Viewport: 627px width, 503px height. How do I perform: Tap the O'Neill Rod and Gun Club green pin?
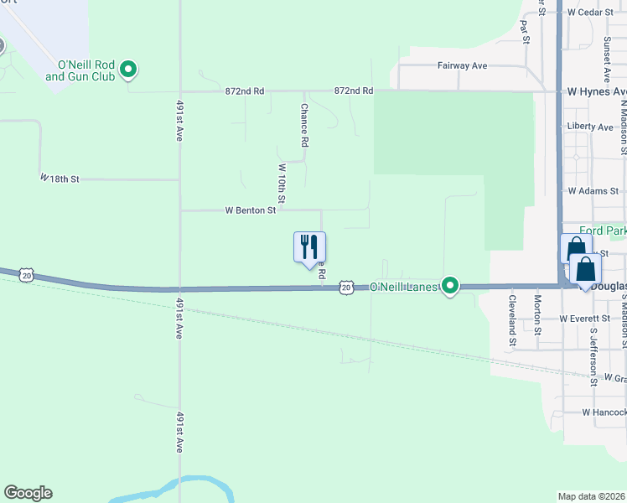(128, 70)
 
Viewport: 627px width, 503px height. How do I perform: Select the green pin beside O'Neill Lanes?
(451, 287)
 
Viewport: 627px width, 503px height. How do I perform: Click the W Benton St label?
(249, 210)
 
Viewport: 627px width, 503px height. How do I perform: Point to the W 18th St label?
(60, 179)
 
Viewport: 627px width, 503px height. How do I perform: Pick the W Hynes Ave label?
(597, 91)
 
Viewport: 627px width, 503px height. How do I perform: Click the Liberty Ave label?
(590, 127)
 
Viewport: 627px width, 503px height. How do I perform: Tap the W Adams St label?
(592, 191)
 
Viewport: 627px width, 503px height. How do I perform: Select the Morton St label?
(538, 310)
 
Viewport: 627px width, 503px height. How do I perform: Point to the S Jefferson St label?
(593, 357)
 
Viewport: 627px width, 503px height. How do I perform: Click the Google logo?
(28, 493)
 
